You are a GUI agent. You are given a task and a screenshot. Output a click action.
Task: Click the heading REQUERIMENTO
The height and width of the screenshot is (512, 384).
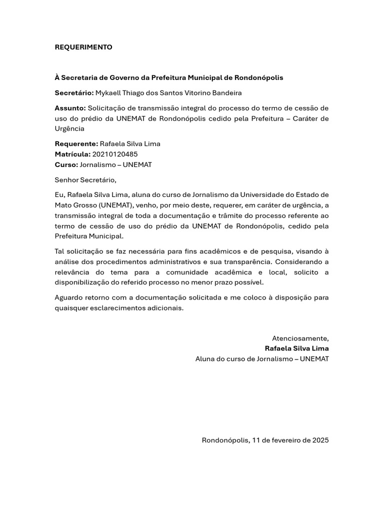pos(83,47)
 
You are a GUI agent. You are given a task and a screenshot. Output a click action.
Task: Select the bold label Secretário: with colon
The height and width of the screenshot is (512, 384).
pos(74,93)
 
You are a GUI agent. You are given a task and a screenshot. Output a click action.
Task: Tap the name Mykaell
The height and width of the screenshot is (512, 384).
pos(108,93)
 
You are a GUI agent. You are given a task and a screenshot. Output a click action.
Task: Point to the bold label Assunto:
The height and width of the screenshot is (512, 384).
pos(70,108)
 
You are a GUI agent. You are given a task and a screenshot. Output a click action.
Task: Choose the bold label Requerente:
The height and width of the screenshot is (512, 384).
pos(76,144)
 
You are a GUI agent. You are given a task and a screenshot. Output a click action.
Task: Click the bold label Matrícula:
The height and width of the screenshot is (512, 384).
pos(72,154)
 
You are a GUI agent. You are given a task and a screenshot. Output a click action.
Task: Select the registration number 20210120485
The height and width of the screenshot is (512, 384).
pos(115,154)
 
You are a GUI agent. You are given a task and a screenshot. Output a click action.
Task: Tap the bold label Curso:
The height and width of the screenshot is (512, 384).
pos(66,164)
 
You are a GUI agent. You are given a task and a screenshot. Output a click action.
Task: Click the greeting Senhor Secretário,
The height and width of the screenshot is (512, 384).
pos(85,179)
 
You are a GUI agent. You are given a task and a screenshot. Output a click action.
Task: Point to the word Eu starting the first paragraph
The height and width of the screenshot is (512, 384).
pos(59,195)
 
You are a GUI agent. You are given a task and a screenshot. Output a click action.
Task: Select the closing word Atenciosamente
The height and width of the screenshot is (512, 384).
pos(300,338)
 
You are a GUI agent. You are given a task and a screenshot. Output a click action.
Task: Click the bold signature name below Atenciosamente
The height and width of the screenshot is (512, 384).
pos(297,348)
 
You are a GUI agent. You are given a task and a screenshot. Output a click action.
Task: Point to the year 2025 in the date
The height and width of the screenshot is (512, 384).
pos(320,440)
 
